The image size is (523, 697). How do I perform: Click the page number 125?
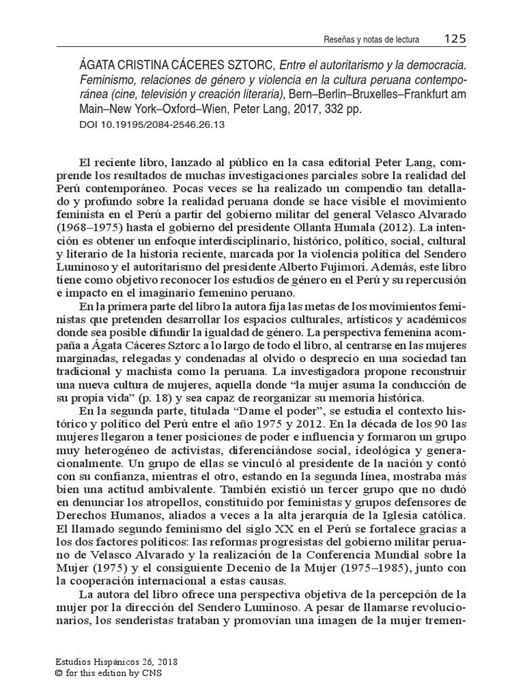pyautogui.click(x=454, y=39)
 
